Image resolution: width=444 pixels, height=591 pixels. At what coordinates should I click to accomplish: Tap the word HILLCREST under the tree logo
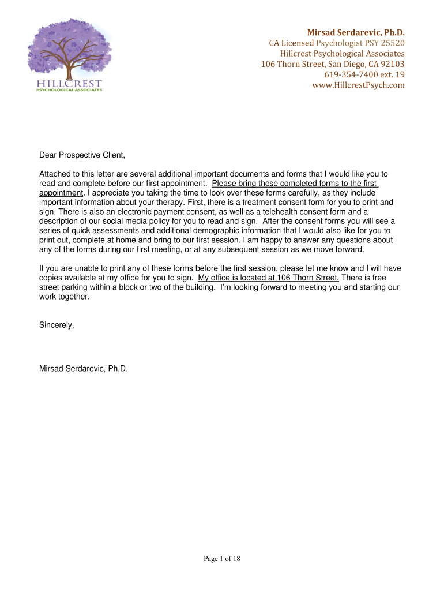tap(69, 84)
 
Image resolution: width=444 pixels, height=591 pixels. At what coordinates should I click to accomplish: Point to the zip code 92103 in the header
tap(391, 64)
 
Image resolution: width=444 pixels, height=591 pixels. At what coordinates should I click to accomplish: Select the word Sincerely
tap(57, 325)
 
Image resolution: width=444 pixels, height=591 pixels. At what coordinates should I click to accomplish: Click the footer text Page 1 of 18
tap(222, 558)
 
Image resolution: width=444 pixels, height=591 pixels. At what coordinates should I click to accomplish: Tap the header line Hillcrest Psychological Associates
tap(342, 54)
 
